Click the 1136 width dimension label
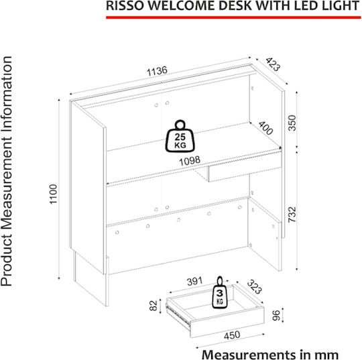pos(157,71)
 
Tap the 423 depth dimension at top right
pos(273,64)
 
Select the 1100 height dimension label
pos(54,194)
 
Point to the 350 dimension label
pos(292,123)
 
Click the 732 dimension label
pos(292,215)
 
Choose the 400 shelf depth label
pos(265,128)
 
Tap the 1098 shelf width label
pos(190,161)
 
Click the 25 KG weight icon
pos(180,136)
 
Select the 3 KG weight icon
pos(220,292)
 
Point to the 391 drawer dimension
pos(194,281)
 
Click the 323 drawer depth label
pos(255,287)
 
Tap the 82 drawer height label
pos(154,305)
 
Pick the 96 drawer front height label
pos(276,316)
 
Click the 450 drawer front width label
pos(232,335)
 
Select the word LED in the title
pos(307,6)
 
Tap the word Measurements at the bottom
pos(247,354)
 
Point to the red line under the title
pos(233,17)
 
